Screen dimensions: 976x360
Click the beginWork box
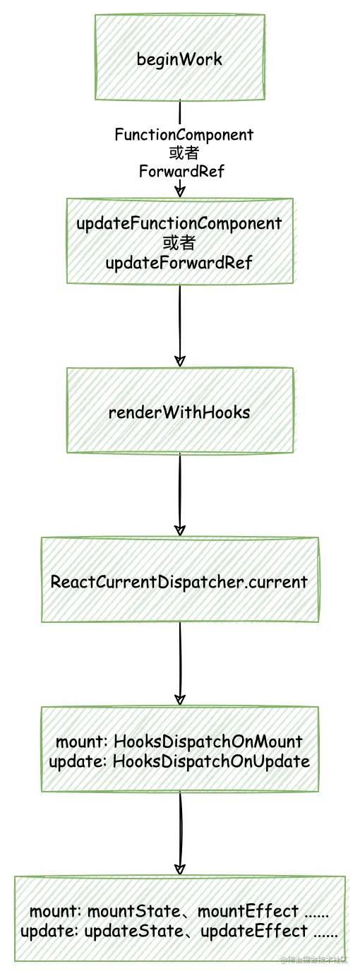point(179,59)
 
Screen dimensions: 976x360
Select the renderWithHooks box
point(179,412)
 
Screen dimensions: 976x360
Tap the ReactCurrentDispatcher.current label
point(179,582)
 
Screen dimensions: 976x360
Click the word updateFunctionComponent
point(179,224)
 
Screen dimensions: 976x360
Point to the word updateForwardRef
point(179,263)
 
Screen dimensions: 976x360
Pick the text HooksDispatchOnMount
point(208,742)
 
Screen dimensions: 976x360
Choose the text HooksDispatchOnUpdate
point(211,761)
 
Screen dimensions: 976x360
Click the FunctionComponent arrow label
point(184,134)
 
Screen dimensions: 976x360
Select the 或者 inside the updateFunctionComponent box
point(179,244)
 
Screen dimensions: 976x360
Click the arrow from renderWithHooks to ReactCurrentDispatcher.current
point(180,494)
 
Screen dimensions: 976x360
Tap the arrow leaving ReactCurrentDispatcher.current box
point(180,664)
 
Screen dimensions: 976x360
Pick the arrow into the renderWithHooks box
point(180,325)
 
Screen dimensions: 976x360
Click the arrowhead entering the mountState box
point(180,868)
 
